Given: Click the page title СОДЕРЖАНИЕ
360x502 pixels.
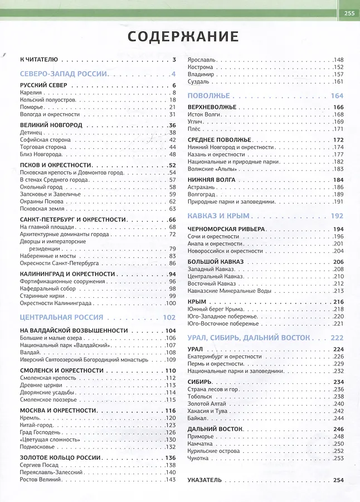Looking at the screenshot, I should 183,36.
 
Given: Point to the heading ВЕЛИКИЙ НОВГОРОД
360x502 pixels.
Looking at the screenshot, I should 51,125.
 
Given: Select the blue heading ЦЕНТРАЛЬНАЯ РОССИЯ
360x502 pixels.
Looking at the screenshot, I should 61,317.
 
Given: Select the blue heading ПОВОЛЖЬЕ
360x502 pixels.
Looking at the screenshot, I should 209,95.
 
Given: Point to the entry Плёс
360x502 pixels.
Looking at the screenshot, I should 195,129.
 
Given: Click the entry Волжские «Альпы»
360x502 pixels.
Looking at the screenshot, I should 213,169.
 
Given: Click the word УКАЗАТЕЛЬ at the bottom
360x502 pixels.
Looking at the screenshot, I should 205,480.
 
